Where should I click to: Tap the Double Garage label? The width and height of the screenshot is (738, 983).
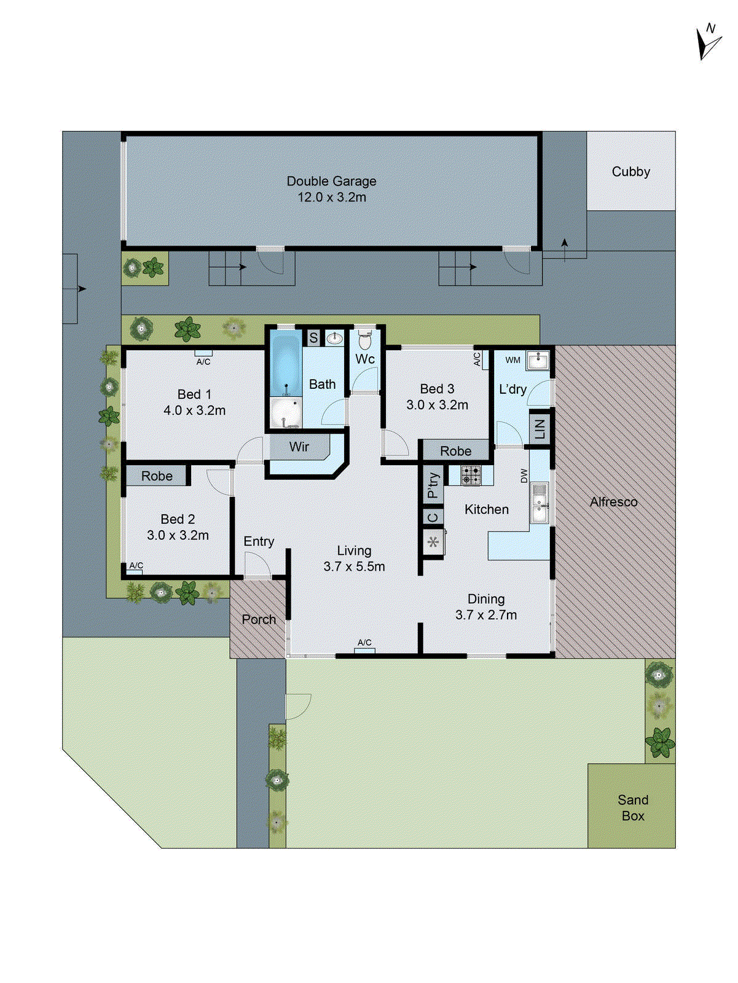(331, 189)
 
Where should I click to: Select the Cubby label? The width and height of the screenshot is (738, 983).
(630, 172)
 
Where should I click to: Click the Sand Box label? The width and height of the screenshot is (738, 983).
(632, 807)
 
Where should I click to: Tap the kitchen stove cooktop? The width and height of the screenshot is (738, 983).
(471, 475)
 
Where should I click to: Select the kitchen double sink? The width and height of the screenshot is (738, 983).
(540, 503)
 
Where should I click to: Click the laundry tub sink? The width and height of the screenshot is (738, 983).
(538, 360)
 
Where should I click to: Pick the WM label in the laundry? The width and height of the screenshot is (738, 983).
(512, 361)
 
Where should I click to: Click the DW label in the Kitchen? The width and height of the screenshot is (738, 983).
(524, 476)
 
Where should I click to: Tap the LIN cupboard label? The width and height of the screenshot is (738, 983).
(540, 428)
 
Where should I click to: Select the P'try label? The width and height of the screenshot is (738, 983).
(433, 485)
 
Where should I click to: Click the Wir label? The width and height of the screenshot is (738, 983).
(299, 447)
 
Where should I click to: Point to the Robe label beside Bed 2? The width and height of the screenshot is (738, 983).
(157, 476)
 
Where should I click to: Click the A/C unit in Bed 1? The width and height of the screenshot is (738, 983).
(203, 354)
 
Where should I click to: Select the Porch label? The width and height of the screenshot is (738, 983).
(259, 619)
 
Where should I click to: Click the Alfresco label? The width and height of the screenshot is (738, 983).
(613, 502)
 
